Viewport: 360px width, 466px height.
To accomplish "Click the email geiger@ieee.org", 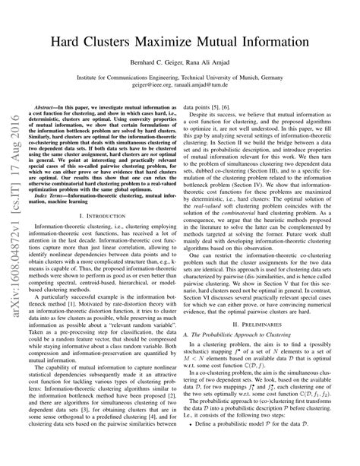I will click(x=152, y=87).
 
